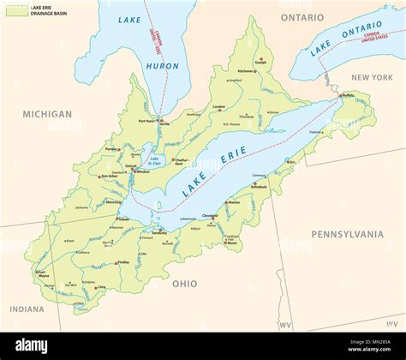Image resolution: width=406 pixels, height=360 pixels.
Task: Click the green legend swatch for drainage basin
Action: click(x=15, y=11)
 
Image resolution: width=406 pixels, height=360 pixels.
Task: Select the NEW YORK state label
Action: click(x=371, y=77)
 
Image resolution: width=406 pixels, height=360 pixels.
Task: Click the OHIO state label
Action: click(x=184, y=283)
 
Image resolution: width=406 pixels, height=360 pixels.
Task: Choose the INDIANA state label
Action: click(x=27, y=309)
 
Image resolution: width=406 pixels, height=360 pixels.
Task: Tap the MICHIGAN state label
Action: click(x=47, y=114)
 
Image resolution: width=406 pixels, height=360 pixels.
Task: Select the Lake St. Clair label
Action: click(x=154, y=160)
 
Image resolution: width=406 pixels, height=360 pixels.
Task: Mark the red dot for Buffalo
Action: click(x=340, y=95)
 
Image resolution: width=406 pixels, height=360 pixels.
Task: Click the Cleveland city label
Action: click(x=211, y=214)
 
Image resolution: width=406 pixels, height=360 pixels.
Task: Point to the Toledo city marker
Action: click(x=117, y=219)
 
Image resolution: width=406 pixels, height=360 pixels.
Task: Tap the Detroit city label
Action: click(x=130, y=165)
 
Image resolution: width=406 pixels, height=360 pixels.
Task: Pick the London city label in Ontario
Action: click(x=218, y=106)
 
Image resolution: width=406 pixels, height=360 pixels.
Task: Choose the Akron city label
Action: click(x=231, y=243)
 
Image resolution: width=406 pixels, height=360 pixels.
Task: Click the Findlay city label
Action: click(x=122, y=262)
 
